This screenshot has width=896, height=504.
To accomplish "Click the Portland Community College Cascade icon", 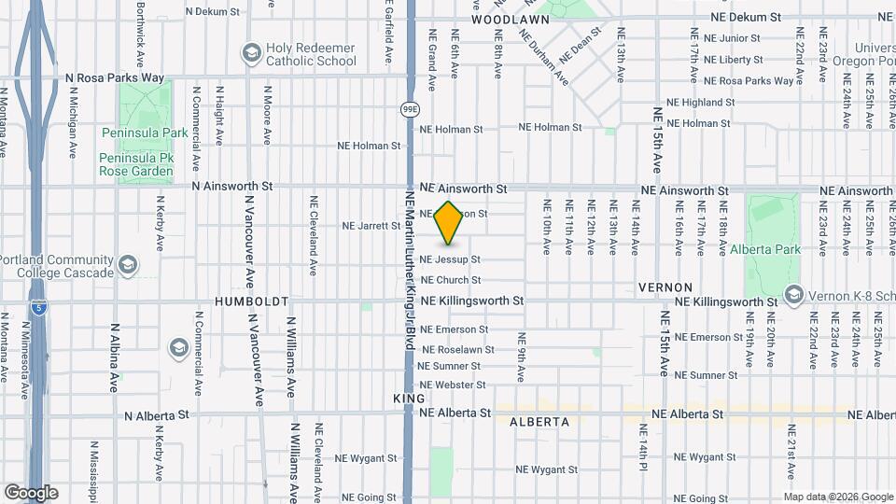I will coord(129,266).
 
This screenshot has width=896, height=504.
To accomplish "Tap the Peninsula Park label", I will coord(144,133).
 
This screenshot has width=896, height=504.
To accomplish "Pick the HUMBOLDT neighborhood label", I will coord(251,302).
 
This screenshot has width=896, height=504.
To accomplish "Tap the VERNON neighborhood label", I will coord(665,287).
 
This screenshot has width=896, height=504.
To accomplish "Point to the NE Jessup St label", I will coord(450,259).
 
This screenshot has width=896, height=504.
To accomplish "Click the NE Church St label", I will coord(451,280).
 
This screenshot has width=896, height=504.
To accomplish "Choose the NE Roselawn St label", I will coord(458,349).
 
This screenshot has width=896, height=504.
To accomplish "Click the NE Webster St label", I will coord(452,385).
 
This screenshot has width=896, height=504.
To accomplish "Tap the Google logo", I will coord(31,493).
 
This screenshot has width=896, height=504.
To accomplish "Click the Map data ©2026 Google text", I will coord(838,497).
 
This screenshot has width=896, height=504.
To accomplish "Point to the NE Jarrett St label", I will coord(371,226).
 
